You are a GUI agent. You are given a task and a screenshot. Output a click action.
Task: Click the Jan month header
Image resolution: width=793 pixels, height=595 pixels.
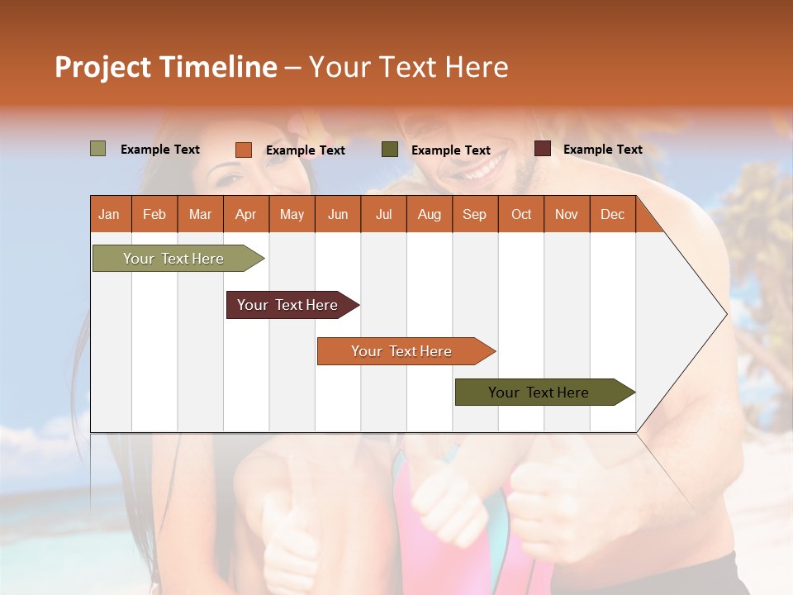pyautogui.click(x=109, y=214)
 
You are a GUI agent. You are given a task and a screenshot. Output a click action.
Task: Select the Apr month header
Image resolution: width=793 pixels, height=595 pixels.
pyautogui.click(x=245, y=214)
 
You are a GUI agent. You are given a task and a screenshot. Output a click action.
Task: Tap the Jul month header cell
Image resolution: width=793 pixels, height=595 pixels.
pyautogui.click(x=383, y=214)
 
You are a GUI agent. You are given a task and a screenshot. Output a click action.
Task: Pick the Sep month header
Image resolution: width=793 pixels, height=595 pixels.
pyautogui.click(x=474, y=214)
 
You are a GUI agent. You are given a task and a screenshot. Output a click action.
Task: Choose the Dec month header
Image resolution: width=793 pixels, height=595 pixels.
pyautogui.click(x=612, y=214)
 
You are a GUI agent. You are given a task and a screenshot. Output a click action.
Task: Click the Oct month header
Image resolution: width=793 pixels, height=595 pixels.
pyautogui.click(x=521, y=214)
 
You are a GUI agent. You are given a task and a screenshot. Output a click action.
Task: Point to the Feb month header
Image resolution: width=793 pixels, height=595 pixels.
pyautogui.click(x=154, y=214)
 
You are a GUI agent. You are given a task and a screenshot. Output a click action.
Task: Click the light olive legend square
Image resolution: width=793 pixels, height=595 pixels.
pyautogui.click(x=97, y=149)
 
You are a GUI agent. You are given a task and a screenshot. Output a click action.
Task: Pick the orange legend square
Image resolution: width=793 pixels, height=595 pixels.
pyautogui.click(x=244, y=150)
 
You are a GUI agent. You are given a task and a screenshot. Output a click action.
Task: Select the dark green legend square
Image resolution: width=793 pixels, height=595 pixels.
pyautogui.click(x=390, y=150)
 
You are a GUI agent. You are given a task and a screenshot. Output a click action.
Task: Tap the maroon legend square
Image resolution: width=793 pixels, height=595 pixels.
pyautogui.click(x=543, y=149)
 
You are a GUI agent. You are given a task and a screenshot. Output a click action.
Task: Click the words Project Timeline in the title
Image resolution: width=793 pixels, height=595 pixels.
pyautogui.click(x=166, y=67)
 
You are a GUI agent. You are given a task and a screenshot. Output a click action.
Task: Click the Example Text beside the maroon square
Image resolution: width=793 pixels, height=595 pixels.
pyautogui.click(x=602, y=150)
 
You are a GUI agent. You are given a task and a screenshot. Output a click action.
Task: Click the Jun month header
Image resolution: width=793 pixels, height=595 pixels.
pyautogui.click(x=338, y=214)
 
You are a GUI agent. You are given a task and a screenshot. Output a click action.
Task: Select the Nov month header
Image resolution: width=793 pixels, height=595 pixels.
pyautogui.click(x=567, y=214)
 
